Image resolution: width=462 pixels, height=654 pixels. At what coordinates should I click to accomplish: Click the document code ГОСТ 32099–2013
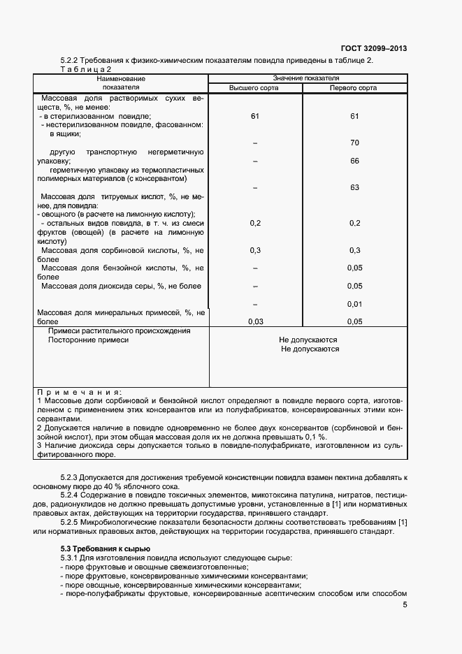pyautogui.click(x=373, y=48)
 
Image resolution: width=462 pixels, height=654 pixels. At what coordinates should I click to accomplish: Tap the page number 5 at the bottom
pyautogui.click(x=405, y=605)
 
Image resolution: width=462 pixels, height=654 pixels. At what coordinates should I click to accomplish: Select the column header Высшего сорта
pyautogui.click(x=254, y=88)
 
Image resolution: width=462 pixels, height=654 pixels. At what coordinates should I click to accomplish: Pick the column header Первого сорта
pyautogui.click(x=354, y=88)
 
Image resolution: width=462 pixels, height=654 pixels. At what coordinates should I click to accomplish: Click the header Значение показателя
pyautogui.click(x=306, y=78)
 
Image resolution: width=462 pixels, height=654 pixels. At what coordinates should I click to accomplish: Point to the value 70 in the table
pyautogui.click(x=354, y=143)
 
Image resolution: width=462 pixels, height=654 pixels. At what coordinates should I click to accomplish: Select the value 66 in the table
pyautogui.click(x=354, y=161)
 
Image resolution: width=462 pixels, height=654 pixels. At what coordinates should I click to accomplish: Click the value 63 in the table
pyautogui.click(x=354, y=187)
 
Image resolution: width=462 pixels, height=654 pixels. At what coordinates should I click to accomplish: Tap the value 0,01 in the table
pyautogui.click(x=354, y=304)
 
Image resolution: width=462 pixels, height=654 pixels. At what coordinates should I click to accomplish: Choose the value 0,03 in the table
pyautogui.click(x=255, y=321)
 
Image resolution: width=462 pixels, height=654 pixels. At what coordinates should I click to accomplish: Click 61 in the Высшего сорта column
pyautogui.click(x=255, y=116)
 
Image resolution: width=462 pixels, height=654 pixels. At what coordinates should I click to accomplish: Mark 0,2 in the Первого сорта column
pyautogui.click(x=354, y=223)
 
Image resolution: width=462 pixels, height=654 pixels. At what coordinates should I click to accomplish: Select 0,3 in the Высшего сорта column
pyautogui.click(x=255, y=250)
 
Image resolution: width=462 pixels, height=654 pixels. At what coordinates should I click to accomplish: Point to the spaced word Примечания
pyautogui.click(x=78, y=392)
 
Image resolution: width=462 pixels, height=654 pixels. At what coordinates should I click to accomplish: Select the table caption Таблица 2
pyautogui.click(x=86, y=69)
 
